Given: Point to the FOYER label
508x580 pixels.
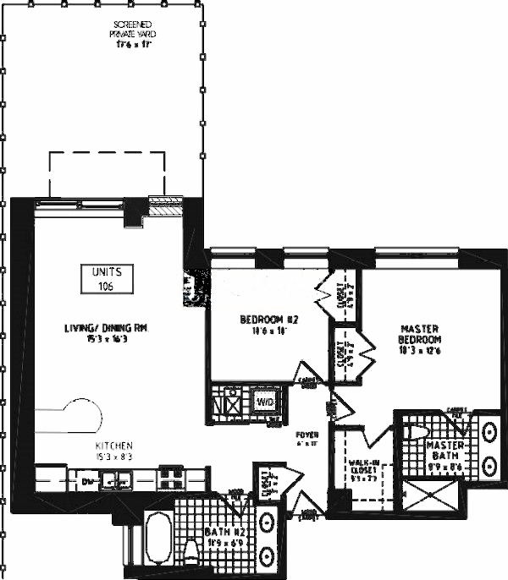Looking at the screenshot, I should point(306,437).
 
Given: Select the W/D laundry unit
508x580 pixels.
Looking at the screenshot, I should point(265,402).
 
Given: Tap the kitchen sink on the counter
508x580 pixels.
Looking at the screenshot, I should point(116,481).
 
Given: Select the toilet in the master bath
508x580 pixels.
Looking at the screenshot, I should point(416,431).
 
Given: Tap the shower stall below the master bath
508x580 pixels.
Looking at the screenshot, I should point(433,497).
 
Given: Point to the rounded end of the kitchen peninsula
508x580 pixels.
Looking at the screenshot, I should point(92,414).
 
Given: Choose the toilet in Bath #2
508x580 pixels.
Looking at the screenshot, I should point(191,554).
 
